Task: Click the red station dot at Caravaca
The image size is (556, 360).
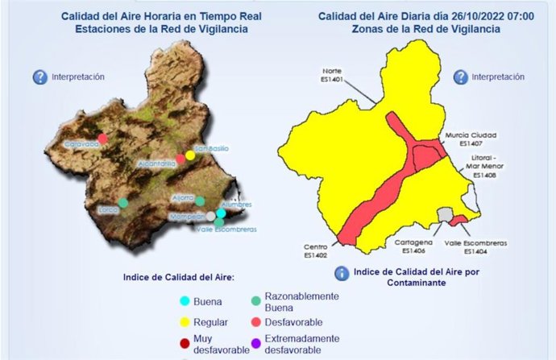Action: tap(102, 139)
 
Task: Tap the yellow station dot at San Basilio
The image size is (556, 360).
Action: tap(190, 155)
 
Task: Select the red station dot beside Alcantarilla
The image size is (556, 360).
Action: tap(180, 159)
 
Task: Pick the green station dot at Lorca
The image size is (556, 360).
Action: tap(122, 203)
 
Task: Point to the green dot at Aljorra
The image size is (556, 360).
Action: tap(200, 201)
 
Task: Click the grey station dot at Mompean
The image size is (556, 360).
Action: tap(211, 216)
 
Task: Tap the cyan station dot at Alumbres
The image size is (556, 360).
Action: tap(220, 213)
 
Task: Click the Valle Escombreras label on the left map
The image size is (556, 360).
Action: tap(226, 230)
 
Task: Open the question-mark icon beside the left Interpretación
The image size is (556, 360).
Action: tap(39, 77)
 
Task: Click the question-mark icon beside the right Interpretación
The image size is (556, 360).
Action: tap(460, 77)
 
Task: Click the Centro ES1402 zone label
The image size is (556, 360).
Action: tap(315, 251)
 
